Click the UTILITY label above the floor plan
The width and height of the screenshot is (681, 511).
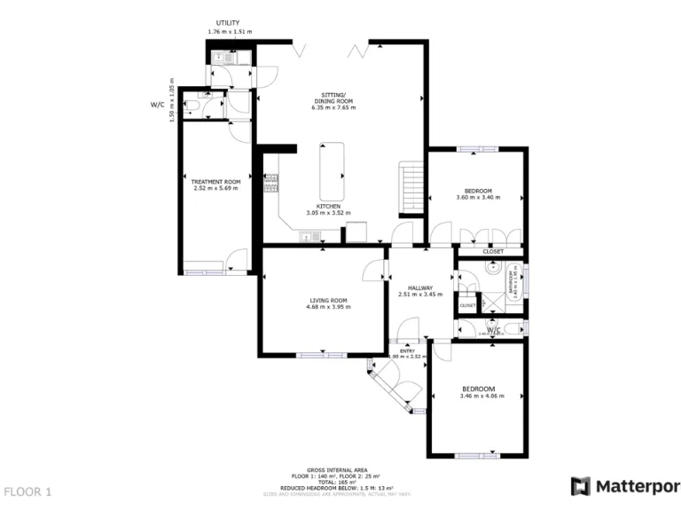[230, 23]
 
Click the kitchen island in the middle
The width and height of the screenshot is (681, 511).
[333, 173]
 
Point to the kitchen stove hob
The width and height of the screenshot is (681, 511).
[271, 184]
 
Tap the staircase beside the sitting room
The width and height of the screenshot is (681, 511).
[411, 186]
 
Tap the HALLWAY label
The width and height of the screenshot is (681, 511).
[419, 287]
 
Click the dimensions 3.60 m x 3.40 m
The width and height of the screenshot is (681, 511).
[478, 198]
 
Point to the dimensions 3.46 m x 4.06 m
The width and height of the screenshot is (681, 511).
[481, 396]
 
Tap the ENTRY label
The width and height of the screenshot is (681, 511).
[407, 350]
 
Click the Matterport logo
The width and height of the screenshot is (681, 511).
[625, 485]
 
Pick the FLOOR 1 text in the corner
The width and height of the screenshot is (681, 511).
[28, 491]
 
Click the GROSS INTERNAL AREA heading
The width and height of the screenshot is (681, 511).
[336, 469]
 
